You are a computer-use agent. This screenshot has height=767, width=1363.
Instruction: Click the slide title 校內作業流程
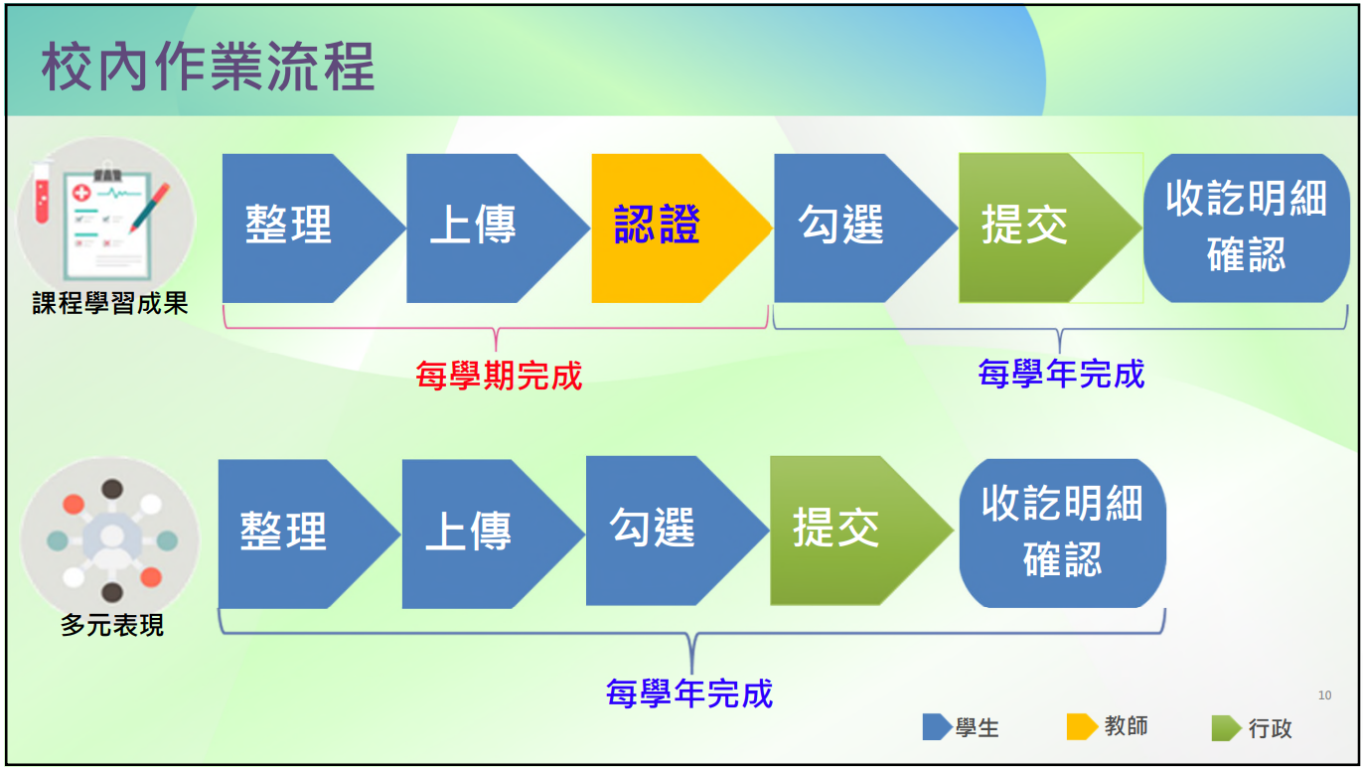click(x=208, y=67)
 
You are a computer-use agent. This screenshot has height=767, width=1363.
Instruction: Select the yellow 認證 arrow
click(x=681, y=229)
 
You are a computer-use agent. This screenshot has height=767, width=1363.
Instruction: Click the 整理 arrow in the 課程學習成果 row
click(x=313, y=229)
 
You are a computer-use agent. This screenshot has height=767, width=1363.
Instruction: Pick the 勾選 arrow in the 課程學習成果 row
click(x=865, y=229)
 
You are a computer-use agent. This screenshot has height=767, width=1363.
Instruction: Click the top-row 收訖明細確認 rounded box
click(x=1246, y=229)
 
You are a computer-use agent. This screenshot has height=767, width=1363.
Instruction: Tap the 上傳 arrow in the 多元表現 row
click(x=493, y=534)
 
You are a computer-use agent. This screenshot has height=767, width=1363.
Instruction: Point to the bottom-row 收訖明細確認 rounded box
click(x=1062, y=534)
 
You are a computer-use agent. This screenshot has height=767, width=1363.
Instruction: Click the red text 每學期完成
click(x=499, y=376)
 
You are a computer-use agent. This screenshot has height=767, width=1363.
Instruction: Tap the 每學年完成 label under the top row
click(x=1061, y=374)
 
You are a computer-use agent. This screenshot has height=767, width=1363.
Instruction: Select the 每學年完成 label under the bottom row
click(x=688, y=693)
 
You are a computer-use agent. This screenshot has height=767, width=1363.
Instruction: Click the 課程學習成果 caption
click(x=110, y=303)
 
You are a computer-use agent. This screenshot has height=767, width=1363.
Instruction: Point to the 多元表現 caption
click(x=112, y=625)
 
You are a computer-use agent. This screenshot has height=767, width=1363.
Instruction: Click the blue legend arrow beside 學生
click(x=937, y=727)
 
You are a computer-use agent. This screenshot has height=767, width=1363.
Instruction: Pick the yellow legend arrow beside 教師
click(x=1082, y=727)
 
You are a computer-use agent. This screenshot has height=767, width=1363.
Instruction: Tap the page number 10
click(x=1324, y=695)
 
